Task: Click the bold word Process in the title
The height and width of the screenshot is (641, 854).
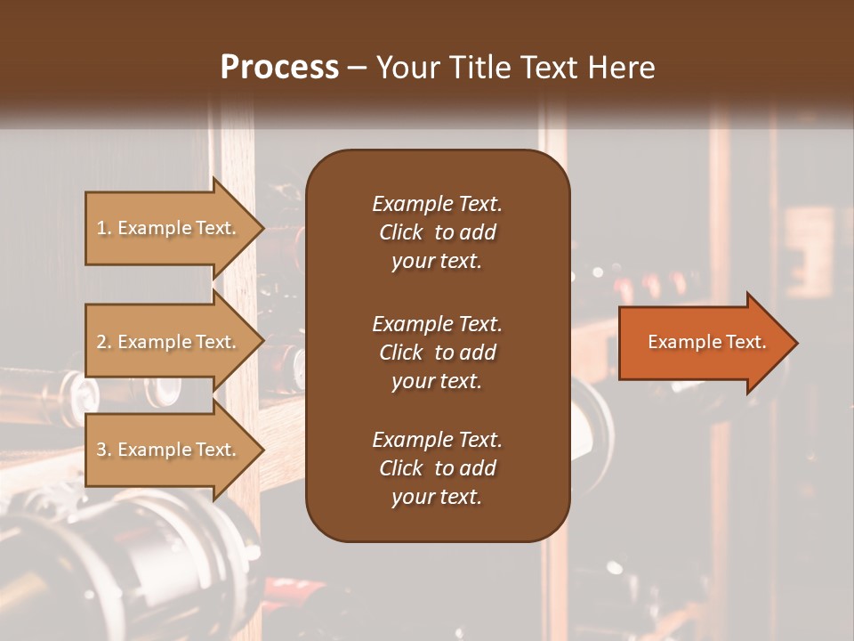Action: tap(279, 68)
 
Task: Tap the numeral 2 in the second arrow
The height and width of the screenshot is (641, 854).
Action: tap(101, 342)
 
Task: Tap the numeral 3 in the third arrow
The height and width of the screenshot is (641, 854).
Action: tap(101, 450)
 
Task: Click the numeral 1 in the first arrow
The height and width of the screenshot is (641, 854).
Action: tap(101, 228)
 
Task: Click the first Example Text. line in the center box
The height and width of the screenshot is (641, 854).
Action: tap(437, 204)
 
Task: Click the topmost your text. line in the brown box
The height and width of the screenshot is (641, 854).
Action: tap(437, 261)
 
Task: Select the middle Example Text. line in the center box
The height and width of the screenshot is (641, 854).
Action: tap(437, 324)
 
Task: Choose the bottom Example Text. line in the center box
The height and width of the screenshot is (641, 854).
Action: tap(437, 440)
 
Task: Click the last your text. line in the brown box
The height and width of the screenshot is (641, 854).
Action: tap(437, 497)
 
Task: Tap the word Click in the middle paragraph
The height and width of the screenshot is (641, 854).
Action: tap(400, 353)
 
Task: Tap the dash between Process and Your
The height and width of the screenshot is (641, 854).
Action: tap(357, 69)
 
